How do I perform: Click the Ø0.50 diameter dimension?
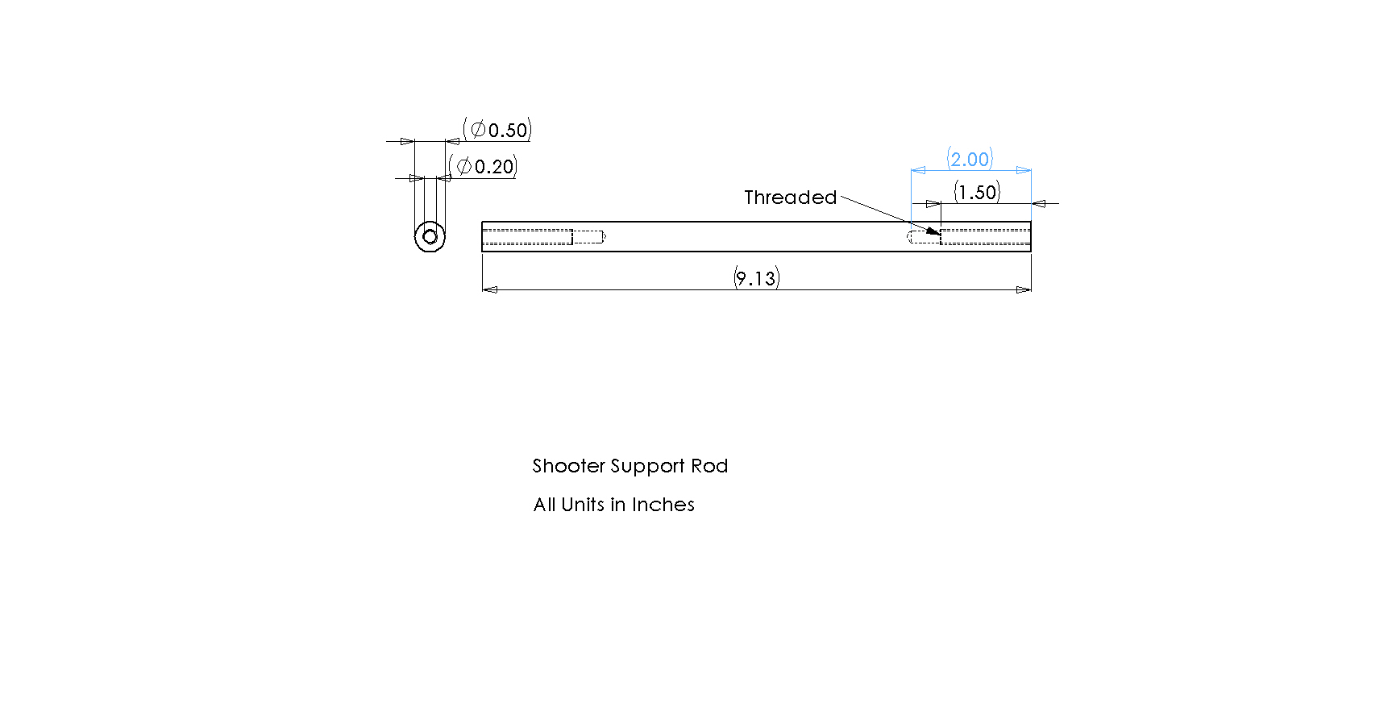pyautogui.click(x=497, y=130)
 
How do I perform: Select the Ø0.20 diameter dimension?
pyautogui.click(x=483, y=167)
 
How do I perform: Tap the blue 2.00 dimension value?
pyautogui.click(x=970, y=159)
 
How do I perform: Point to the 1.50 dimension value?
pyautogui.click(x=977, y=192)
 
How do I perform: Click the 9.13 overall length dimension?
pyautogui.click(x=756, y=278)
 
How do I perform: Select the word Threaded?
pyautogui.click(x=790, y=198)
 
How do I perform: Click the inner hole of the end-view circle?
pyautogui.click(x=430, y=237)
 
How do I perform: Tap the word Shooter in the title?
pyautogui.click(x=568, y=466)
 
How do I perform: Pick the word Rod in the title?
pyautogui.click(x=709, y=466)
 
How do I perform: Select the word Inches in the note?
pyautogui.click(x=663, y=505)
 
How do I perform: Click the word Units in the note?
pyautogui.click(x=583, y=505)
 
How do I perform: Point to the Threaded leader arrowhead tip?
pyautogui.click(x=940, y=235)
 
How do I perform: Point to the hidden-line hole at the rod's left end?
pyautogui.click(x=543, y=237)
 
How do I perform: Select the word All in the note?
pyautogui.click(x=544, y=505)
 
